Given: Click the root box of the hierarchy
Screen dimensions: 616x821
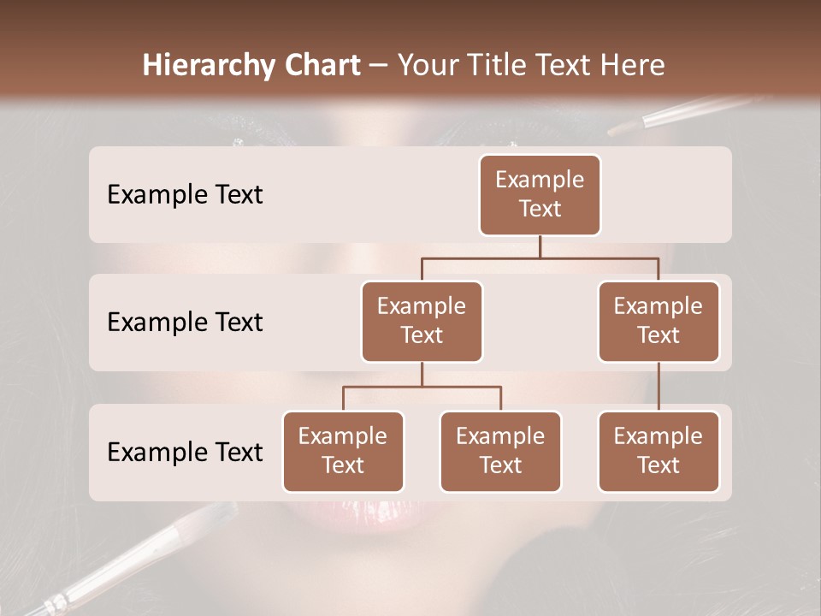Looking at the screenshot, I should click(x=540, y=195).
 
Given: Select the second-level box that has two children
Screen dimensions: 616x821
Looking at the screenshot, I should click(x=422, y=322).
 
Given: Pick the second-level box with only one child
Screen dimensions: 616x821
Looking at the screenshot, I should click(x=659, y=322).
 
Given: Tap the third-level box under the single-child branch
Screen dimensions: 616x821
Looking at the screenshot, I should click(x=659, y=452).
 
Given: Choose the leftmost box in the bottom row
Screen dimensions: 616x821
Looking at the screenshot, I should click(x=343, y=452).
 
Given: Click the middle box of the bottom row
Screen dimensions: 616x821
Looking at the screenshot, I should click(x=500, y=452).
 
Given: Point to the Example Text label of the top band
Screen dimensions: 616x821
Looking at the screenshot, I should click(x=185, y=195).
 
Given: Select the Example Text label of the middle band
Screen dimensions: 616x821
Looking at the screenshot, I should click(x=185, y=323).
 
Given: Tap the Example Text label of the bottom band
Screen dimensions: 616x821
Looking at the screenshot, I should click(x=185, y=453).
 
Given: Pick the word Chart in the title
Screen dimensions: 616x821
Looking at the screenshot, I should click(x=324, y=65).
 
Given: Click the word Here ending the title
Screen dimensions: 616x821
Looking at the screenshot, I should click(x=633, y=65).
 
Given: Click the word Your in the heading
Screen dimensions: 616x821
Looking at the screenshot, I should click(x=428, y=65).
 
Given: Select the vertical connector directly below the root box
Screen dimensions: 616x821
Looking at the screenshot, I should click(x=540, y=246).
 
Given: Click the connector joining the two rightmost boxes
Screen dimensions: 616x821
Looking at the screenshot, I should click(x=659, y=387).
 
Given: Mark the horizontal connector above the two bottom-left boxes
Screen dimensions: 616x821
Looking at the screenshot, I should click(x=422, y=387).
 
